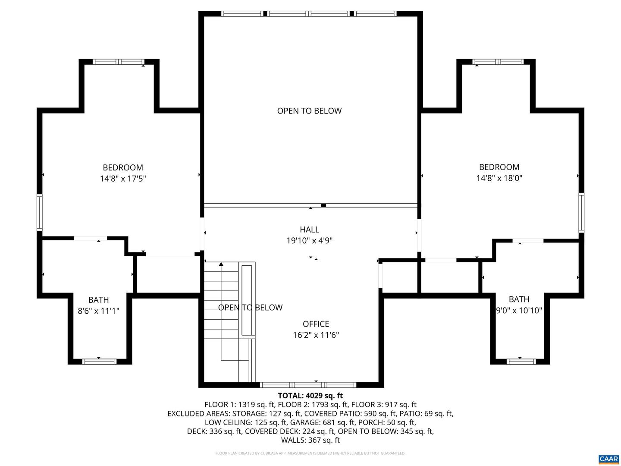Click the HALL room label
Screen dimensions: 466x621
pyautogui.click(x=309, y=230)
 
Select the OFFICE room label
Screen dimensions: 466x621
pyautogui.click(x=316, y=324)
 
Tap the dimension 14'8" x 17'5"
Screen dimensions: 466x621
pyautogui.click(x=123, y=179)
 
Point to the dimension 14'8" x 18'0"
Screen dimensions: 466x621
pyautogui.click(x=499, y=178)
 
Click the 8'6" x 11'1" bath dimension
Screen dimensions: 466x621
pyautogui.click(x=98, y=311)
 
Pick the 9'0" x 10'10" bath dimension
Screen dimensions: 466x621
pyautogui.click(x=519, y=310)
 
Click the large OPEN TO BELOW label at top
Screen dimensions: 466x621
pyautogui.click(x=309, y=111)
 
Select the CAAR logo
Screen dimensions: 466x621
pyautogui.click(x=608, y=458)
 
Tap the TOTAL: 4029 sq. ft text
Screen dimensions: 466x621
pyautogui.click(x=310, y=395)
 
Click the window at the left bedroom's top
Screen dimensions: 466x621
pyautogui.click(x=119, y=62)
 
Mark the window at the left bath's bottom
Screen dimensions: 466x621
pyautogui.click(x=99, y=362)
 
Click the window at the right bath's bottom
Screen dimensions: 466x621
pyautogui.click(x=521, y=362)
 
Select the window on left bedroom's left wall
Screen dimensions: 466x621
pyautogui.click(x=40, y=212)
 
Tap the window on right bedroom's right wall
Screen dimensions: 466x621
pyautogui.click(x=581, y=213)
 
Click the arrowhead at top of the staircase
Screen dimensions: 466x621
pyautogui.click(x=221, y=264)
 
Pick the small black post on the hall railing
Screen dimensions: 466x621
pyautogui.click(x=323, y=205)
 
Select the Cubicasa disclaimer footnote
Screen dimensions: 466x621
pyautogui.click(x=310, y=453)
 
